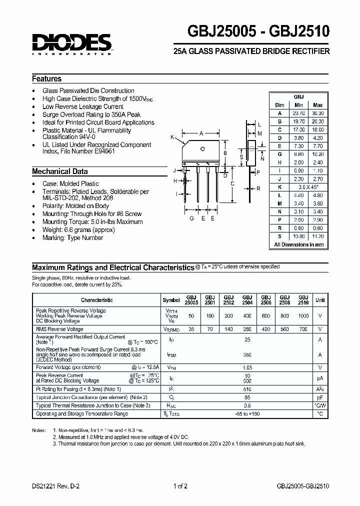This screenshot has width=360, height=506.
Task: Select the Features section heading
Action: [47, 79]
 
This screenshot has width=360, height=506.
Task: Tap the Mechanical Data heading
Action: [59, 171]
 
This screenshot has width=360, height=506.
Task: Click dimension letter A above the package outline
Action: [201, 133]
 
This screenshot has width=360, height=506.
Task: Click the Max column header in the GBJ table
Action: [317, 105]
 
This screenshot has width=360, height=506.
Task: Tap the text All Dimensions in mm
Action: [299, 244]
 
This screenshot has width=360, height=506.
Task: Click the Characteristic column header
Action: [96, 300]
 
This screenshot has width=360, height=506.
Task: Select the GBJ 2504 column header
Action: [246, 300]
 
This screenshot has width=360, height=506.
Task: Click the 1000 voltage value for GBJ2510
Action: [303, 315]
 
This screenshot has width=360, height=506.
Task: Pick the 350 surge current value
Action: [247, 354]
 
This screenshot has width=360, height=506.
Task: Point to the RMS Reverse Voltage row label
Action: [59, 329]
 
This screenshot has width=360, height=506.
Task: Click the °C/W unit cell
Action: [319, 405]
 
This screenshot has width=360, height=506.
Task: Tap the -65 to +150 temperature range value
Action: [247, 414]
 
